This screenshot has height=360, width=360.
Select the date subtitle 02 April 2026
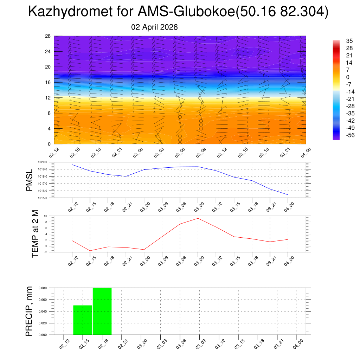(154, 27)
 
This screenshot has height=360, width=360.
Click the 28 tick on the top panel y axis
(48, 36)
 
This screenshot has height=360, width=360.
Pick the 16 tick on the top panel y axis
(48, 82)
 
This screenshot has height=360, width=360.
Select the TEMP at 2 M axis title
(35, 234)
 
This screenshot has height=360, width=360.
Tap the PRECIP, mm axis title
(30, 311)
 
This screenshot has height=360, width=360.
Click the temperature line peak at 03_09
(198, 218)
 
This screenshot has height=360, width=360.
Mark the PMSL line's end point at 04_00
(288, 194)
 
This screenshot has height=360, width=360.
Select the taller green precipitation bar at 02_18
(102, 311)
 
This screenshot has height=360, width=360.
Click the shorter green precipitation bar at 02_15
(83, 320)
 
